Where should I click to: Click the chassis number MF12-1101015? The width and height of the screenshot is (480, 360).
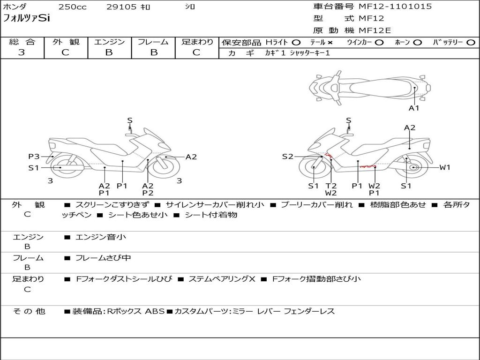(395, 7)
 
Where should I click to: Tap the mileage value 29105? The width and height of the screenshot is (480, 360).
(121, 7)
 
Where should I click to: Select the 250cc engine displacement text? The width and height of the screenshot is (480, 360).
(72, 7)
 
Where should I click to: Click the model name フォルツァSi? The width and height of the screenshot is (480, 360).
(26, 19)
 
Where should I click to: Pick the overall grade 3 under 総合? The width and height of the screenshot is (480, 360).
(22, 52)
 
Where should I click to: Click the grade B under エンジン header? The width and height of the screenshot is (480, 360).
(109, 52)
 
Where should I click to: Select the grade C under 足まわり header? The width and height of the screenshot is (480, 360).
(196, 52)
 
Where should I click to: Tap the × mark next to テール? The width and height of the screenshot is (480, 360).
(330, 42)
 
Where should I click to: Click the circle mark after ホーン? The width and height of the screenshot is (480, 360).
(418, 42)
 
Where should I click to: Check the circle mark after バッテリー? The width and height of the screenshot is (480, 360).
(471, 42)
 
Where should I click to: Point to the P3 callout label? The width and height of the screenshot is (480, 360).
(34, 157)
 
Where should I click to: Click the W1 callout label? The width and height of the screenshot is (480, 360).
(445, 167)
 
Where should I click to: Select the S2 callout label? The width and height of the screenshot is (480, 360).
(287, 157)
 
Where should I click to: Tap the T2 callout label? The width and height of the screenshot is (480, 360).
(331, 186)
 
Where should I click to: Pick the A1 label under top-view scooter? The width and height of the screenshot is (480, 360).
(414, 108)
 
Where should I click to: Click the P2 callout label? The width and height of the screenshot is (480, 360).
(148, 193)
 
